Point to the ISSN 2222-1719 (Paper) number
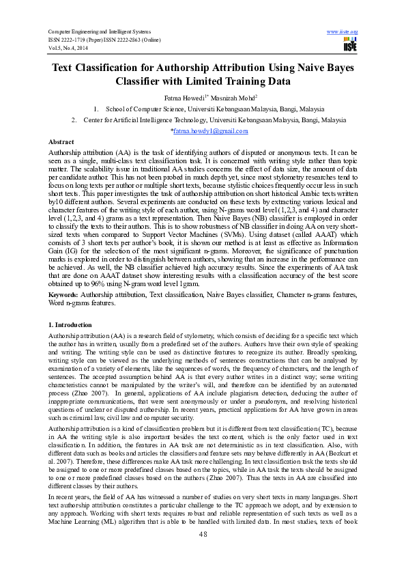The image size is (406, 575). click(x=76, y=40)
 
